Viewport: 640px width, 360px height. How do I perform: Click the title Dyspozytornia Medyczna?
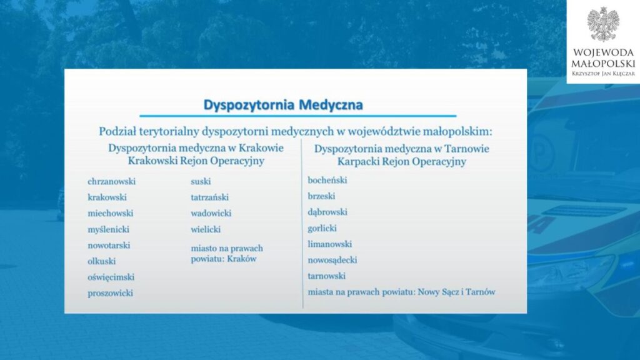point(283,105)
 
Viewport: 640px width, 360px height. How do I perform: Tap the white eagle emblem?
point(603,24)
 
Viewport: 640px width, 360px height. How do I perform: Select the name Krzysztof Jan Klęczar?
point(603,74)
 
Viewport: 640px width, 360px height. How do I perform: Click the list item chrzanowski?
point(111,181)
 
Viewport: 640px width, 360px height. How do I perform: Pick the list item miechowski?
point(110,213)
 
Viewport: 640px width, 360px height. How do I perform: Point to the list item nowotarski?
point(109,245)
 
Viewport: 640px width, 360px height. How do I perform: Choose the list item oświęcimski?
point(111,277)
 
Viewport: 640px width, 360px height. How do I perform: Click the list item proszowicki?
point(110,293)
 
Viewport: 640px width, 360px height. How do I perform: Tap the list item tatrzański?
point(209,197)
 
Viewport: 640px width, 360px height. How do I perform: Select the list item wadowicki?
point(211,213)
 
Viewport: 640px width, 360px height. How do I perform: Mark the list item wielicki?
point(205,229)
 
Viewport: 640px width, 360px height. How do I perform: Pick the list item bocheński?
point(327,180)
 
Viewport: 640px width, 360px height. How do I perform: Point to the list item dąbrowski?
point(327,212)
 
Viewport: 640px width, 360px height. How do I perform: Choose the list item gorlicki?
point(322,228)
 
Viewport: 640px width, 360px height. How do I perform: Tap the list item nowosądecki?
point(332,260)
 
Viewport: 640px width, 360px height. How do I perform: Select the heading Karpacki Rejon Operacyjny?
point(401,162)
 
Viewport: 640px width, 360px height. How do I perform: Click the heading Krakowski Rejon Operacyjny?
point(196,161)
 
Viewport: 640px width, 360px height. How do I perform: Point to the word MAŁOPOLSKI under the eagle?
point(603,64)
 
